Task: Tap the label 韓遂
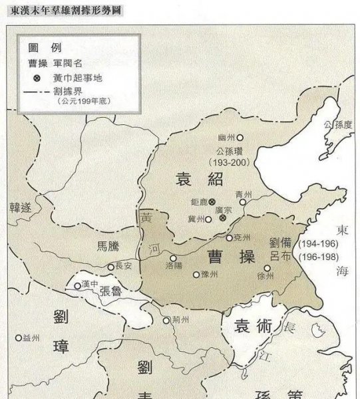click(21, 207)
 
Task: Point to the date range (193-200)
click(228, 162)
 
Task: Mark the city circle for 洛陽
click(173, 258)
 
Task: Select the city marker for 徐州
click(266, 268)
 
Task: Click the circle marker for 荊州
click(166, 320)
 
